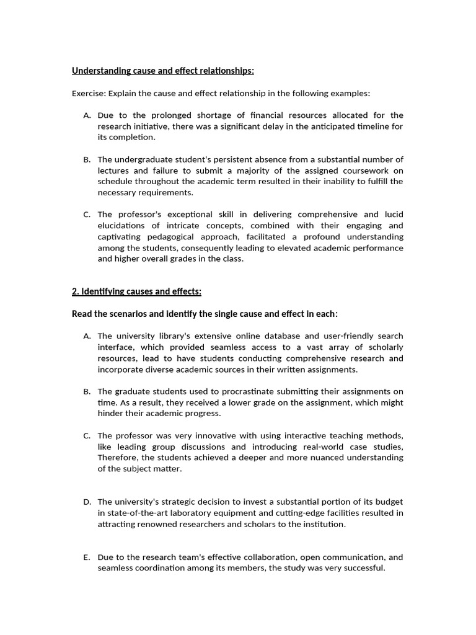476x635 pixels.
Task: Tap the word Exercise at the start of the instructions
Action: pyautogui.click(x=89, y=94)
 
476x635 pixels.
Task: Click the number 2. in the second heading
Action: pyautogui.click(x=76, y=291)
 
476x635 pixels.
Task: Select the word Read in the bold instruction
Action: pyautogui.click(x=82, y=314)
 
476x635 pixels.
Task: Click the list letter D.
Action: pyautogui.click(x=87, y=502)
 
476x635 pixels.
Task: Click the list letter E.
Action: pyautogui.click(x=87, y=557)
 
